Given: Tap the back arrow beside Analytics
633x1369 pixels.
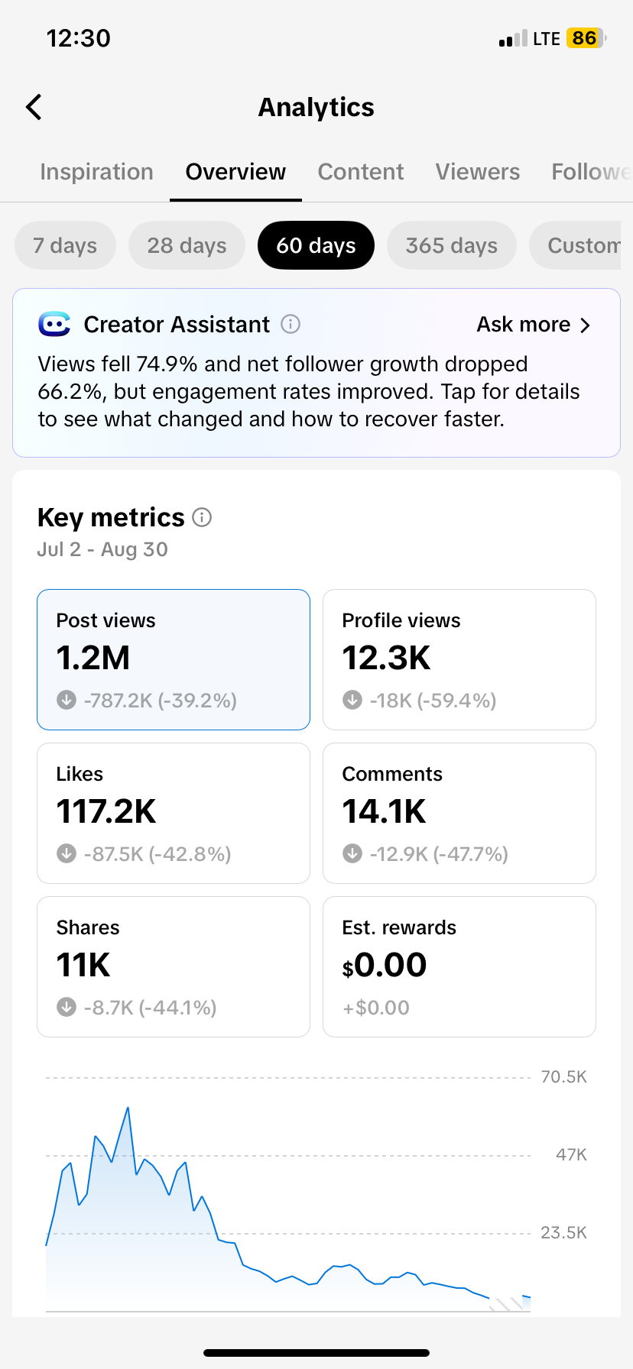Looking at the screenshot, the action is click(x=34, y=108).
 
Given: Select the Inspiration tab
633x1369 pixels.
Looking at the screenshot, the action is click(x=96, y=172).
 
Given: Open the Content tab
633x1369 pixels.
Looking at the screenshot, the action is click(x=361, y=172).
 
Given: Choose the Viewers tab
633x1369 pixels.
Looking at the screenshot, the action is click(x=478, y=172).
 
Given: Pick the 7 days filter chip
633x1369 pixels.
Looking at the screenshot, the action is click(x=65, y=245).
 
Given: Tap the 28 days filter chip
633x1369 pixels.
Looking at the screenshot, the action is click(x=187, y=245).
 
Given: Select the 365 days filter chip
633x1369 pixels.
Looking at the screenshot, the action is click(x=452, y=245).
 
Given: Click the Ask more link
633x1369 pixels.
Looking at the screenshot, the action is click(x=534, y=325).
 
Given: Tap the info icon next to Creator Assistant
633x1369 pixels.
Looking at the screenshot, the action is click(x=291, y=325).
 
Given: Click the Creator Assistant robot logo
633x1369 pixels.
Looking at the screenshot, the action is click(x=54, y=325).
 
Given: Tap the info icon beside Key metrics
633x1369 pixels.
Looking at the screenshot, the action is click(x=202, y=518).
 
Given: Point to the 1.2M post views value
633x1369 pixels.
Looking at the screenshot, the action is click(x=93, y=658).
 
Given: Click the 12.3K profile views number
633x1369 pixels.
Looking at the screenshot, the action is click(x=386, y=658).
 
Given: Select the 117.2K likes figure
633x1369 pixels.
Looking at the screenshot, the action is click(x=106, y=811).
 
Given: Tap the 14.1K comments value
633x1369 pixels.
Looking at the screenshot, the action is click(x=384, y=811).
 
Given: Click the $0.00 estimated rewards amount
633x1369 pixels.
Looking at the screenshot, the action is click(x=385, y=965).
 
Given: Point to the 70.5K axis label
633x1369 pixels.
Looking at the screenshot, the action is click(x=563, y=1077).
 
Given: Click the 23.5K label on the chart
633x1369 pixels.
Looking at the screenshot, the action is click(x=563, y=1232).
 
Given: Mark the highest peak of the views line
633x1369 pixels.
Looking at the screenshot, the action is click(x=128, y=1107).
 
